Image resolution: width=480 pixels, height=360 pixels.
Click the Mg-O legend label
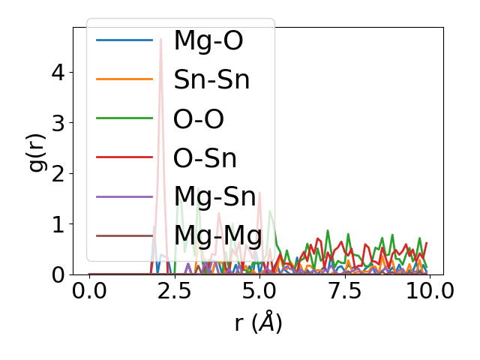click(208, 40)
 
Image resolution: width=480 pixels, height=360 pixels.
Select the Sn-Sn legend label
click(211, 79)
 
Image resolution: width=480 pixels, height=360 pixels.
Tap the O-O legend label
click(199, 119)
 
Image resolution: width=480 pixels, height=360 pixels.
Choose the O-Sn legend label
click(205, 158)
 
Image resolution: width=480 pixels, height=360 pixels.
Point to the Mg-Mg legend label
click(217, 236)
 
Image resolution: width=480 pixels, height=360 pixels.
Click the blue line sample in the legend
click(124, 40)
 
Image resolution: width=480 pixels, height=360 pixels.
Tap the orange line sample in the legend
click(124, 79)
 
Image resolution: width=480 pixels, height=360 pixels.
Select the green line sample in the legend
click(124, 119)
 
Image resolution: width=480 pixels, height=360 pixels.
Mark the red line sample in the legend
click(124, 158)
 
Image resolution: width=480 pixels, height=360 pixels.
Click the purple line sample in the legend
click(124, 197)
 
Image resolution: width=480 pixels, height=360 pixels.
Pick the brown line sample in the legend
click(124, 236)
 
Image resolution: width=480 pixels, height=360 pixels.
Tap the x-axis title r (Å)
click(258, 323)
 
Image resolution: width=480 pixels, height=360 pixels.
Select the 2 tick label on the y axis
click(58, 174)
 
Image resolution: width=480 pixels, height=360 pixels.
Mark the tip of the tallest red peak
click(160, 39)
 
